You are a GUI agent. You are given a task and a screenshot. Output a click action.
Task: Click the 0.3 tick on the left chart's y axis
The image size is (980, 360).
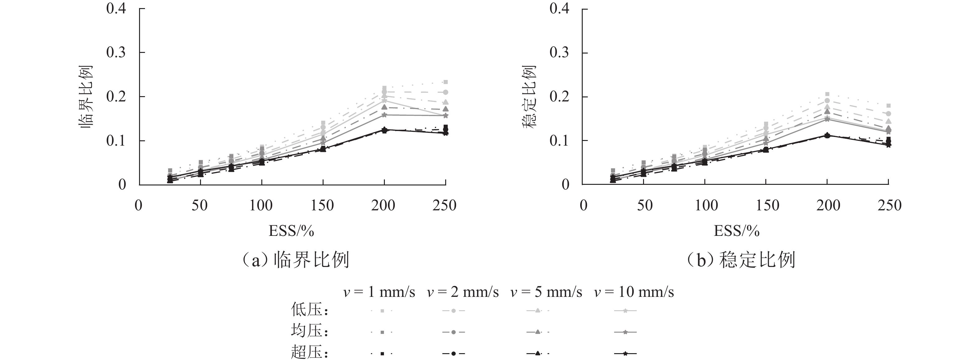[116, 53]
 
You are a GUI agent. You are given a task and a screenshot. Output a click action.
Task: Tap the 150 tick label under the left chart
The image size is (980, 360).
[322, 205]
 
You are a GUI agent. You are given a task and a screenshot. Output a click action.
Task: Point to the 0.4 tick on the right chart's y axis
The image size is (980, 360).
[559, 8]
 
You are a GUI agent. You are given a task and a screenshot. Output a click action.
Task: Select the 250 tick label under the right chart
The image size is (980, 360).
[889, 205]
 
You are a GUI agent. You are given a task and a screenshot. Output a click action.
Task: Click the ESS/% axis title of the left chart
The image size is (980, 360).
[292, 231]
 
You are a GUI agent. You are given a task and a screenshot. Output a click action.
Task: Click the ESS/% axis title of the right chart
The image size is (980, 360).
[736, 231]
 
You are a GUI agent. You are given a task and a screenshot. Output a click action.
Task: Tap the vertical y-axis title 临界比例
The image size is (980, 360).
[86, 97]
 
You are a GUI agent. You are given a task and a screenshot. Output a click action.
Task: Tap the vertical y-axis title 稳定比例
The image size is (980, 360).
[529, 97]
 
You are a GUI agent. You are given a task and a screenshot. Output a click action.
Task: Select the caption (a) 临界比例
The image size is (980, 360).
[296, 260]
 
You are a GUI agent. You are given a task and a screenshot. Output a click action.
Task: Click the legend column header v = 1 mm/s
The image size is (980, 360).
[379, 292]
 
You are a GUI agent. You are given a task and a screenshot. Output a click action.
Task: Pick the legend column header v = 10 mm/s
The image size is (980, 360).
[634, 292]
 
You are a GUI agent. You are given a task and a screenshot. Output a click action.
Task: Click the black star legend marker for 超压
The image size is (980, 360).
[625, 354]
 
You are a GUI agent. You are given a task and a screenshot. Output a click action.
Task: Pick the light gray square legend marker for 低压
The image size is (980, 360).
[382, 311]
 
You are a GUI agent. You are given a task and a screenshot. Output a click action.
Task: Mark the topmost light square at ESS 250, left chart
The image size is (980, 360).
[446, 82]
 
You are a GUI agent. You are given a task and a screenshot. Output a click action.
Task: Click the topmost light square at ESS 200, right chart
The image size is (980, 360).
[827, 94]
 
